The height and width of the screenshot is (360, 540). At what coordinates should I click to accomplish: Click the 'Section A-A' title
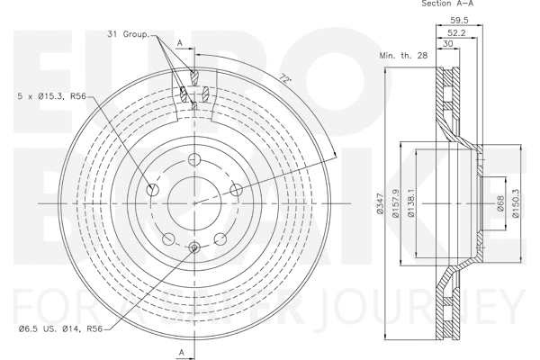tap(447, 4)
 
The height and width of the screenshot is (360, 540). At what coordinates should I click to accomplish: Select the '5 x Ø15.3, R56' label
tap(52, 95)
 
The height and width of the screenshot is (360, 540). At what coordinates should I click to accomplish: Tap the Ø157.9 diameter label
tap(397, 203)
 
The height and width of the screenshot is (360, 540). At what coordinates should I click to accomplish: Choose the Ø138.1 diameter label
tap(411, 203)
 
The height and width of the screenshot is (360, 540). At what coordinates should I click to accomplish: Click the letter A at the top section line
tap(180, 42)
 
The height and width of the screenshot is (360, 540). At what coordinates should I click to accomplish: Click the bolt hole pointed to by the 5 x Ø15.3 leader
tap(153, 190)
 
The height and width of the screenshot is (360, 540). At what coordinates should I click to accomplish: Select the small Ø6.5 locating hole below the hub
tap(194, 247)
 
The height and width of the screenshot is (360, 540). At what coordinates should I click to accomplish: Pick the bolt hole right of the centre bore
tap(236, 189)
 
